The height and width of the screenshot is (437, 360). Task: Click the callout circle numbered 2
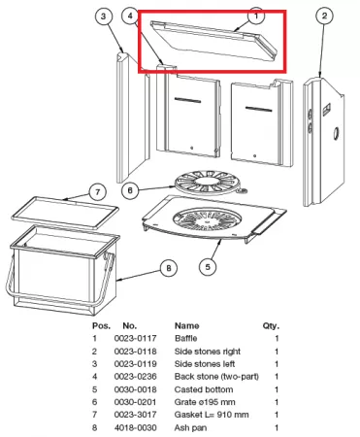tap(324, 16)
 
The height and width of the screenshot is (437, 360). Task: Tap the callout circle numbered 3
tap(104, 17)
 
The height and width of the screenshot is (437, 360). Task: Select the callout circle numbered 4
tap(130, 16)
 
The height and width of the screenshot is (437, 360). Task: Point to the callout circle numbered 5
tap(208, 267)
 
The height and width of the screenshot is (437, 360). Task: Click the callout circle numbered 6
tap(130, 190)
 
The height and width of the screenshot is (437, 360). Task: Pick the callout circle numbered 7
tap(98, 192)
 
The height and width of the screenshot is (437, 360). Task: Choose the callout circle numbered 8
tap(169, 268)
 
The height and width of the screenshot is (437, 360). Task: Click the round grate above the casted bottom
tap(209, 183)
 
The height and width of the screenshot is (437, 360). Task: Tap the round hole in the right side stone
tap(337, 133)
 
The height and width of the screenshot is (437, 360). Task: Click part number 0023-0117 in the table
tap(135, 338)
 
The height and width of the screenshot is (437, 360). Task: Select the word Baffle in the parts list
tap(185, 338)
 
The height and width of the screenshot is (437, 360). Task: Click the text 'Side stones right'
tap(208, 352)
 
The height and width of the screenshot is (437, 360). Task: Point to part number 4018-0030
tap(135, 427)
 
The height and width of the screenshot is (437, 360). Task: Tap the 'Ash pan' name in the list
tap(190, 427)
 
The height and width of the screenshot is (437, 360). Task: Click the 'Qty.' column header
tap(271, 326)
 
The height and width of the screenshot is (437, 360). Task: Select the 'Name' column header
tap(187, 325)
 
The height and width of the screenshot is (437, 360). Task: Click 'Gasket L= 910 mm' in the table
tap(212, 415)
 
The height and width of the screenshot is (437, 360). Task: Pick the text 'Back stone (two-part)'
tap(216, 377)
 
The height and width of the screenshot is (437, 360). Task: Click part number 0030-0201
tap(135, 402)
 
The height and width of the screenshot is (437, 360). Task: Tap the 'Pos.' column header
tap(101, 325)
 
